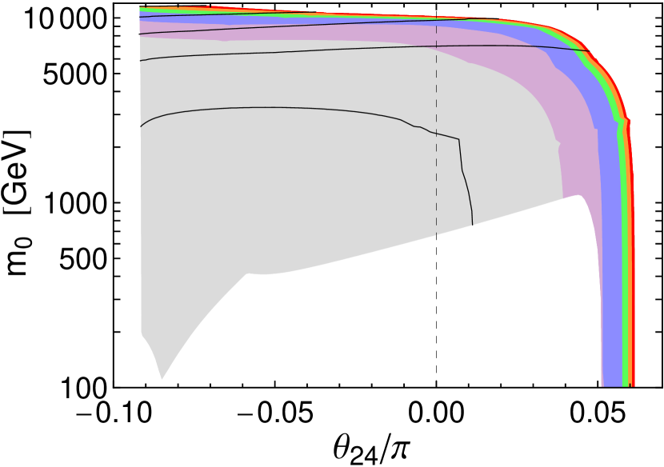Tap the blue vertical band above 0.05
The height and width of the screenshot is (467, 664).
[612, 320]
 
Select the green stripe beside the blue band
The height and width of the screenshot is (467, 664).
[626, 320]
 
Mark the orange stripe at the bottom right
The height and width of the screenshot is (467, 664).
[631, 376]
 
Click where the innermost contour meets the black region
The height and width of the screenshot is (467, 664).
[473, 225]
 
